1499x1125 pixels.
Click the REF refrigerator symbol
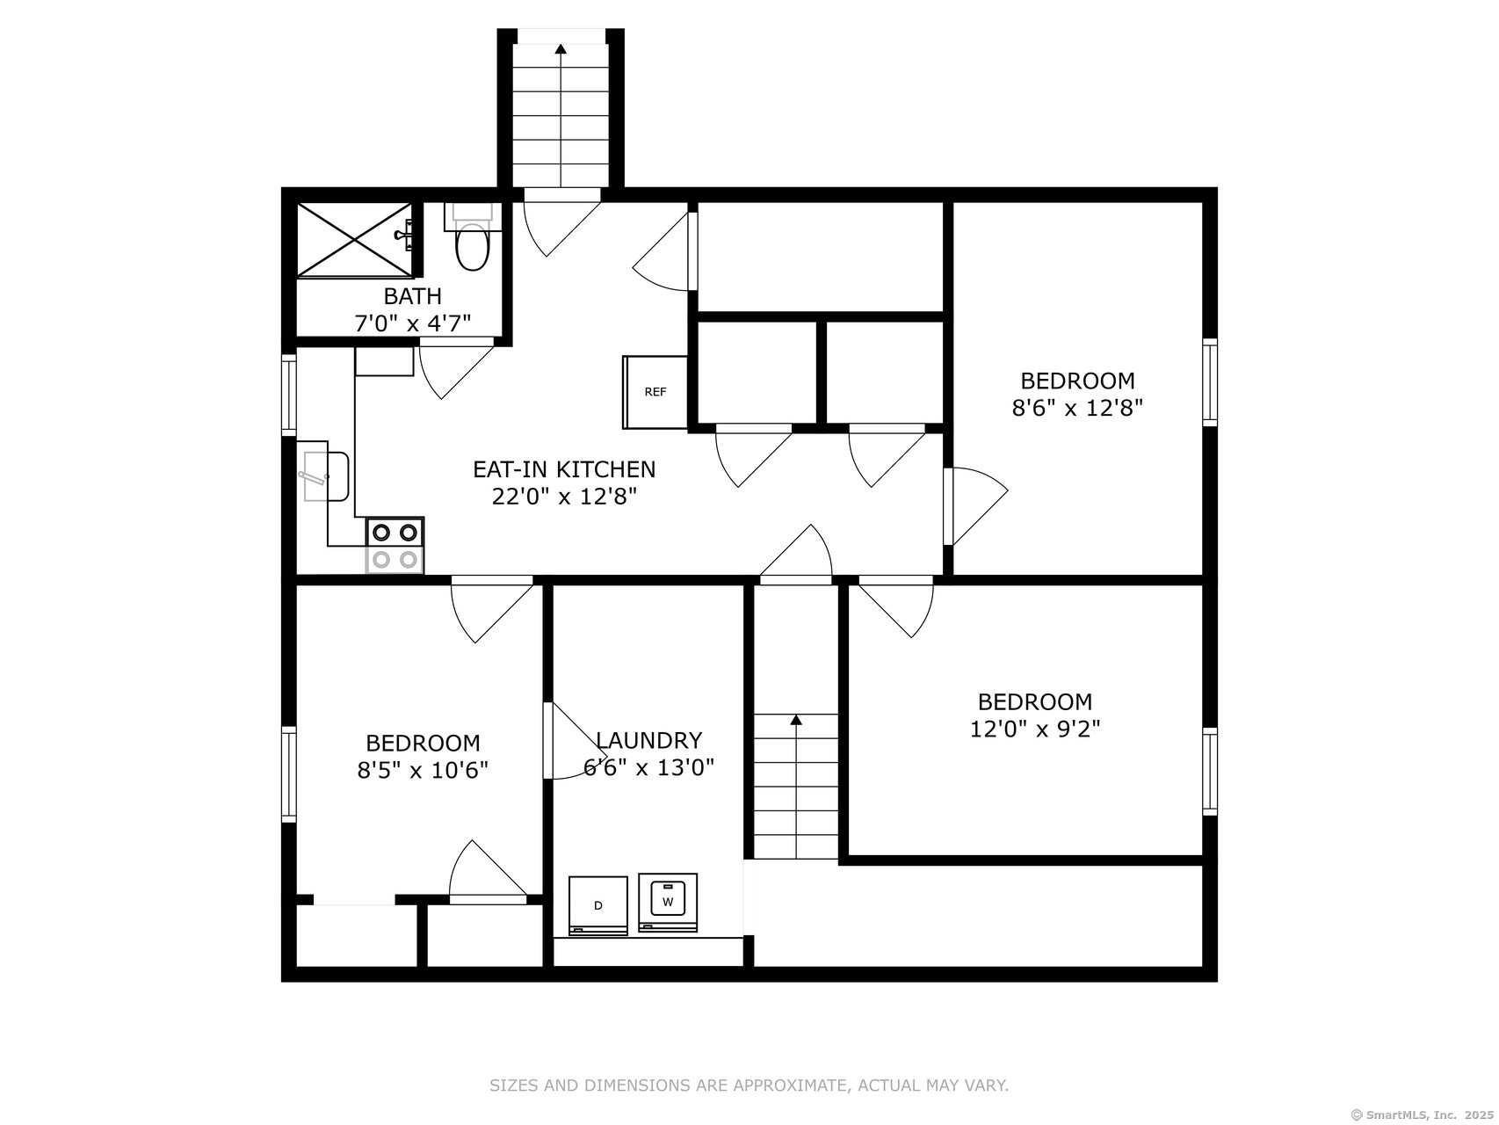pos(655,392)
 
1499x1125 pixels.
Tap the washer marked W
pos(668,902)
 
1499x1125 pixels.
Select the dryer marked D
pos(598,905)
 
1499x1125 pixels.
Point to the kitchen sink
pos(326,476)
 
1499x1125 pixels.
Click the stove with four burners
pos(395,545)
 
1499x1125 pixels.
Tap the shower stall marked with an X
pos(354,240)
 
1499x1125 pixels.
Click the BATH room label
pos(412,296)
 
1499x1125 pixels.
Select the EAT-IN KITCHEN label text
pos(564,469)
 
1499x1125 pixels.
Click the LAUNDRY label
pos(648,740)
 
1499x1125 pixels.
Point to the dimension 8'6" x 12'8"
pos(1077,408)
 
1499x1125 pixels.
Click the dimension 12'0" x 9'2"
pos(1035,729)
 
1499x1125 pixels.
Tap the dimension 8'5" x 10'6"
pos(423,770)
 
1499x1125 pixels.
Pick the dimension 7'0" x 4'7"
pos(412,323)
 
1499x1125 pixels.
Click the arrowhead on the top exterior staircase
pos(561,48)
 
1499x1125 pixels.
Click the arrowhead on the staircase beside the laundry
pos(796,720)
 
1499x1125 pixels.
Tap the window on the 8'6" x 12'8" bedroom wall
pos(1210,382)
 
